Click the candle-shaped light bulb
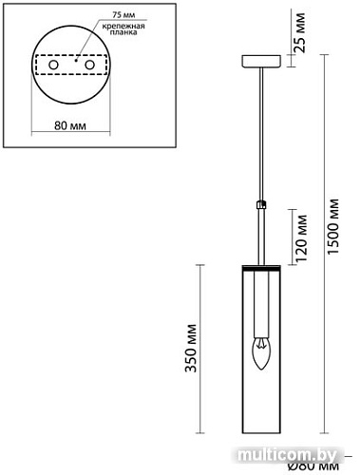(x=259, y=356)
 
